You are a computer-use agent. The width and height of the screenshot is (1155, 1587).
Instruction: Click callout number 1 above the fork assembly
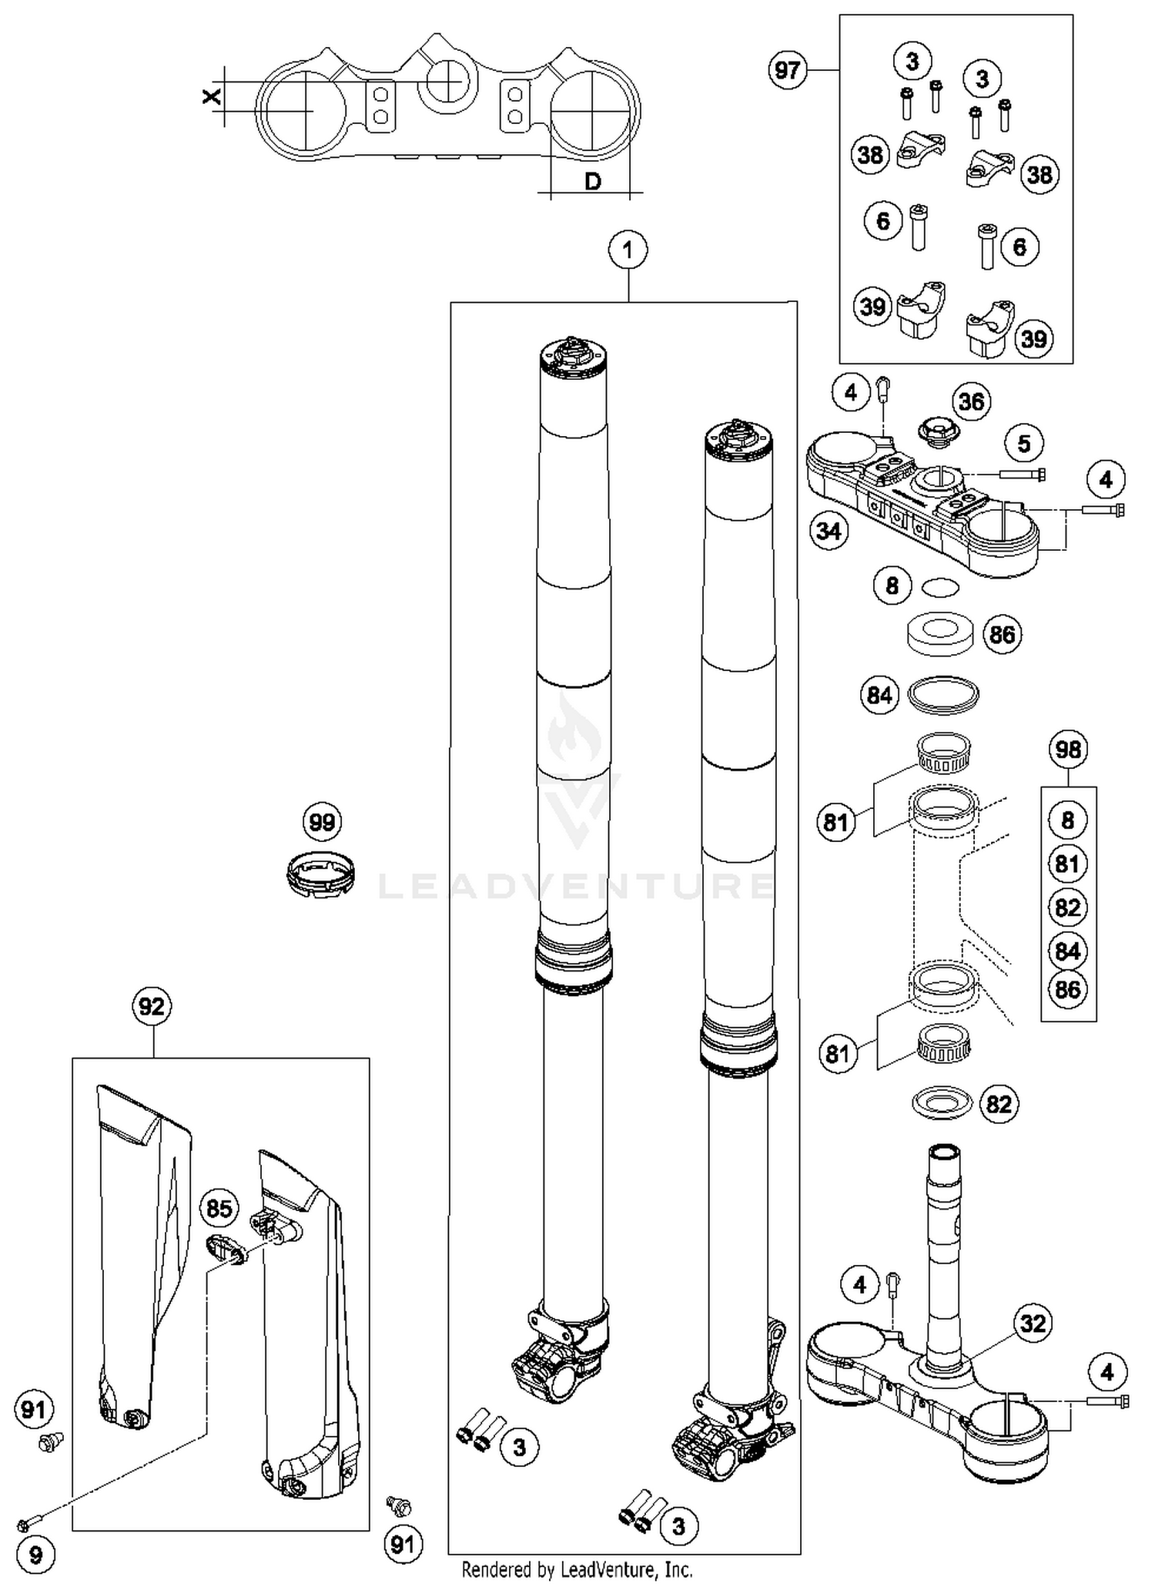pos(628,250)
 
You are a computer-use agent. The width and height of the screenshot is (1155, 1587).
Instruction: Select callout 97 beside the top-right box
pos(787,71)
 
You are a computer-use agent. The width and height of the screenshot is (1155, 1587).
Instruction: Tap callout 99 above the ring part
pos(322,822)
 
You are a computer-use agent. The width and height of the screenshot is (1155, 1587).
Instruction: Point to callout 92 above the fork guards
pos(152,1006)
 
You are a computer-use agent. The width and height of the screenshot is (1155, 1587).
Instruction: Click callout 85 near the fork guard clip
pos(219,1208)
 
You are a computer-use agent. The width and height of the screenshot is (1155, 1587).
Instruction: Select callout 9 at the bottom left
pos(35,1555)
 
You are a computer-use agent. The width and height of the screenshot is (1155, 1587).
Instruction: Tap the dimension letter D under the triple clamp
pos(592,182)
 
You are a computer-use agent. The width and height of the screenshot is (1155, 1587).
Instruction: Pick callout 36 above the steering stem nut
pos(971,401)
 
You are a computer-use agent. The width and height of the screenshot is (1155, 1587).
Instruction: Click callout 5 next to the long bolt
pos(1023,444)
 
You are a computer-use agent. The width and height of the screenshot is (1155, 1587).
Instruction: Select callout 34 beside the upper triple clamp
pos(829,531)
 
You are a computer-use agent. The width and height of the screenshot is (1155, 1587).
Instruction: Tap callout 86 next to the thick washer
pos(1002,635)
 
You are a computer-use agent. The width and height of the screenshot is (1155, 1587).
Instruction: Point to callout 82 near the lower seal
pos(999,1104)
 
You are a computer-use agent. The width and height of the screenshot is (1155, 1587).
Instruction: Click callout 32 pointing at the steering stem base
pos(1033,1324)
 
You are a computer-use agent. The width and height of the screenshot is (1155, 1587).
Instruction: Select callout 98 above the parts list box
pos(1068,750)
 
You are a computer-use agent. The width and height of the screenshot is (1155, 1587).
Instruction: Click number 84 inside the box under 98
pos(1067,951)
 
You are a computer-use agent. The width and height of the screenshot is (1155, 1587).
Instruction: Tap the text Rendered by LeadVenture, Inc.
pos(577,1569)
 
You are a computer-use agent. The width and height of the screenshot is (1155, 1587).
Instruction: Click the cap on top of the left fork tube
pos(573,357)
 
